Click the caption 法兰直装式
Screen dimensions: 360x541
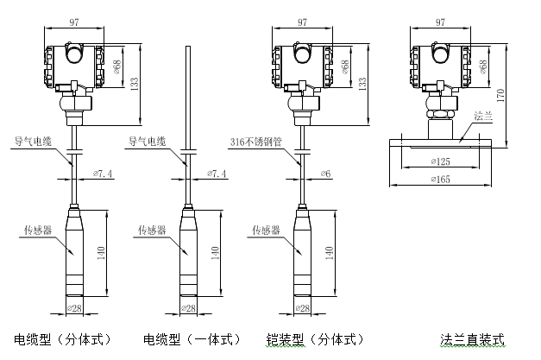pyautogui.click(x=471, y=339)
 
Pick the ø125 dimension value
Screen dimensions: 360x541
pyautogui.click(x=442, y=161)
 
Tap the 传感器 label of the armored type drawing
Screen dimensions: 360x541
pyautogui.click(x=264, y=231)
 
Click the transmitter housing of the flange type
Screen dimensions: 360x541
pyautogui.click(x=440, y=65)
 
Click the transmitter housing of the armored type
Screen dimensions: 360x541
pyautogui.click(x=302, y=65)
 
